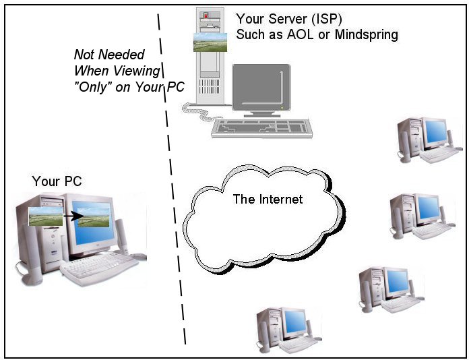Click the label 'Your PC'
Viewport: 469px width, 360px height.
[57, 181]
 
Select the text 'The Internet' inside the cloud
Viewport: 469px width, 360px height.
[268, 199]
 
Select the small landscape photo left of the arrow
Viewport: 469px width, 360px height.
[46, 216]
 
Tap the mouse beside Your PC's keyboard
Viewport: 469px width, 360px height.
[137, 257]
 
